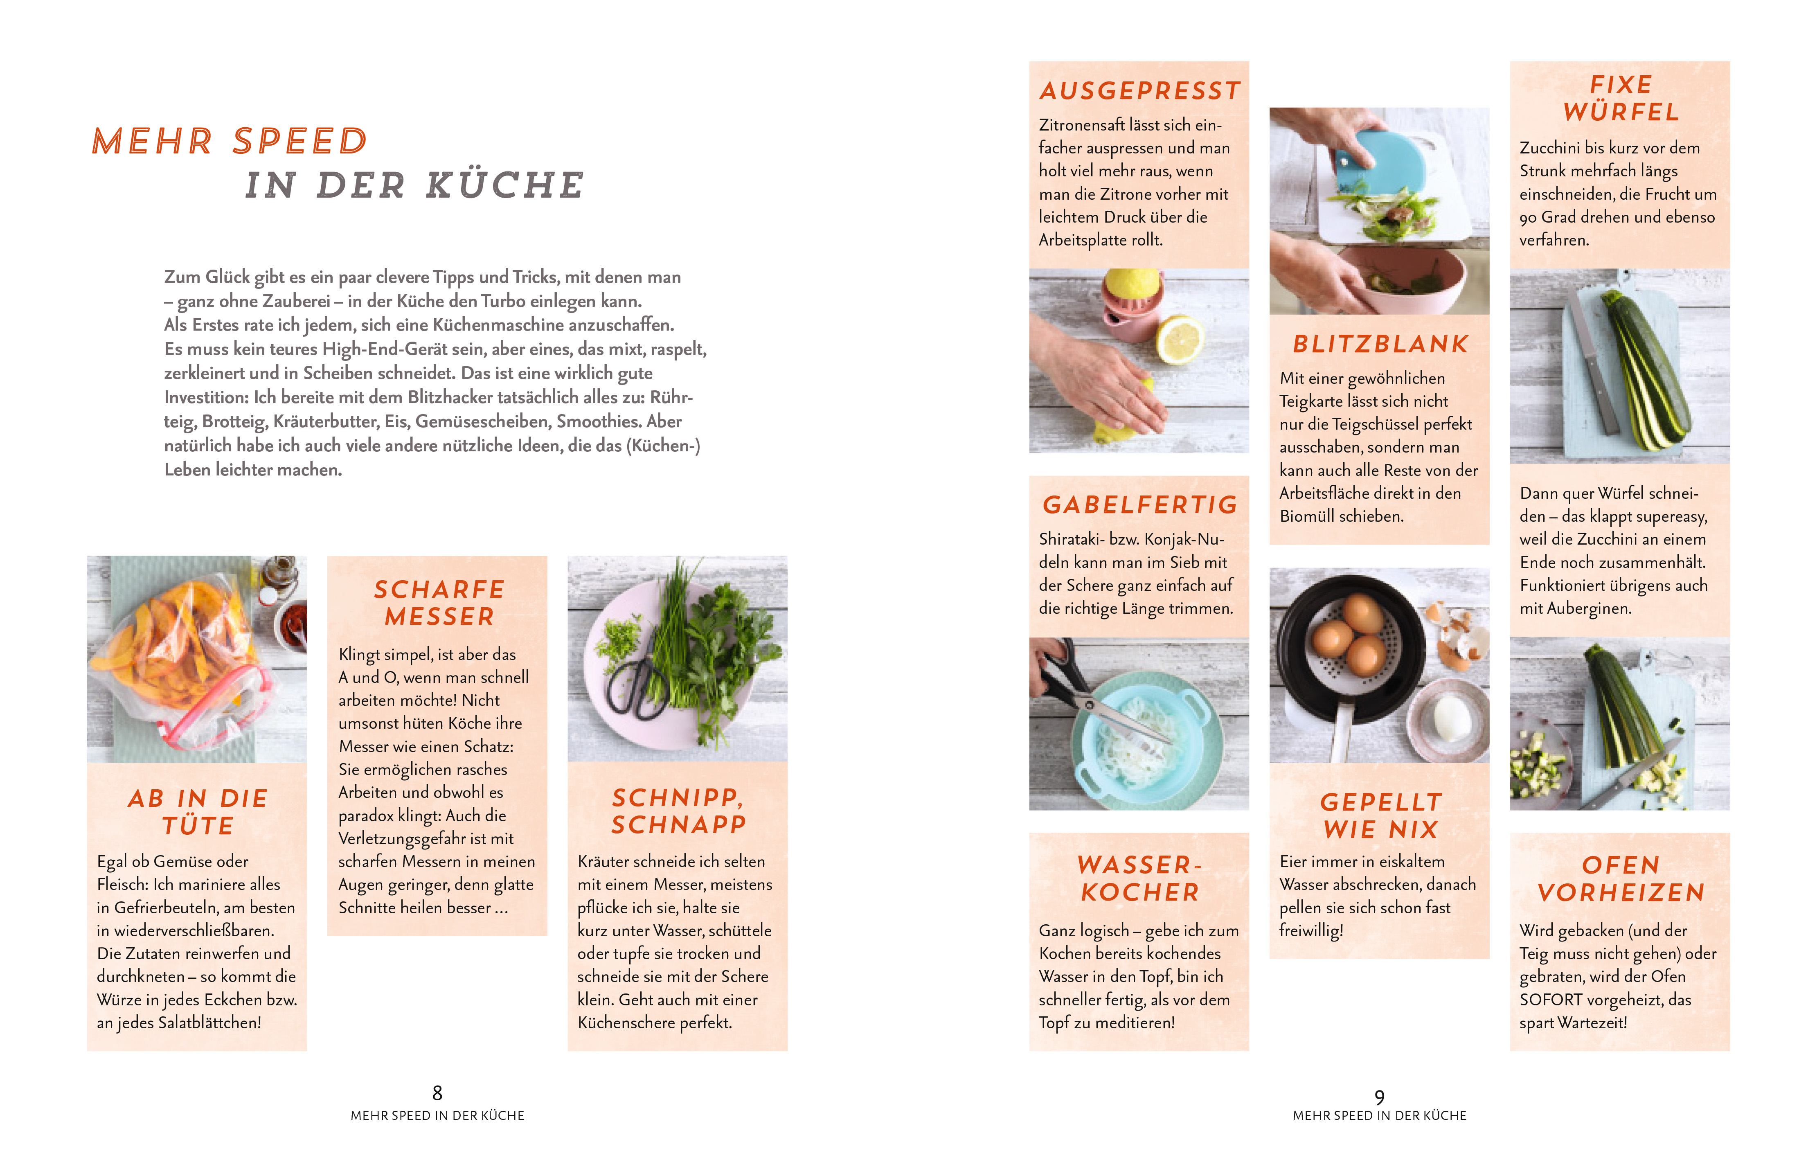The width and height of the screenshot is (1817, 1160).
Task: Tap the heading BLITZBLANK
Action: [x=1380, y=344]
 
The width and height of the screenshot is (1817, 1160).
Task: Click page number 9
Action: [x=1379, y=1097]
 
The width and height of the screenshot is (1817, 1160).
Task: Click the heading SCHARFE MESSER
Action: [x=439, y=603]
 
